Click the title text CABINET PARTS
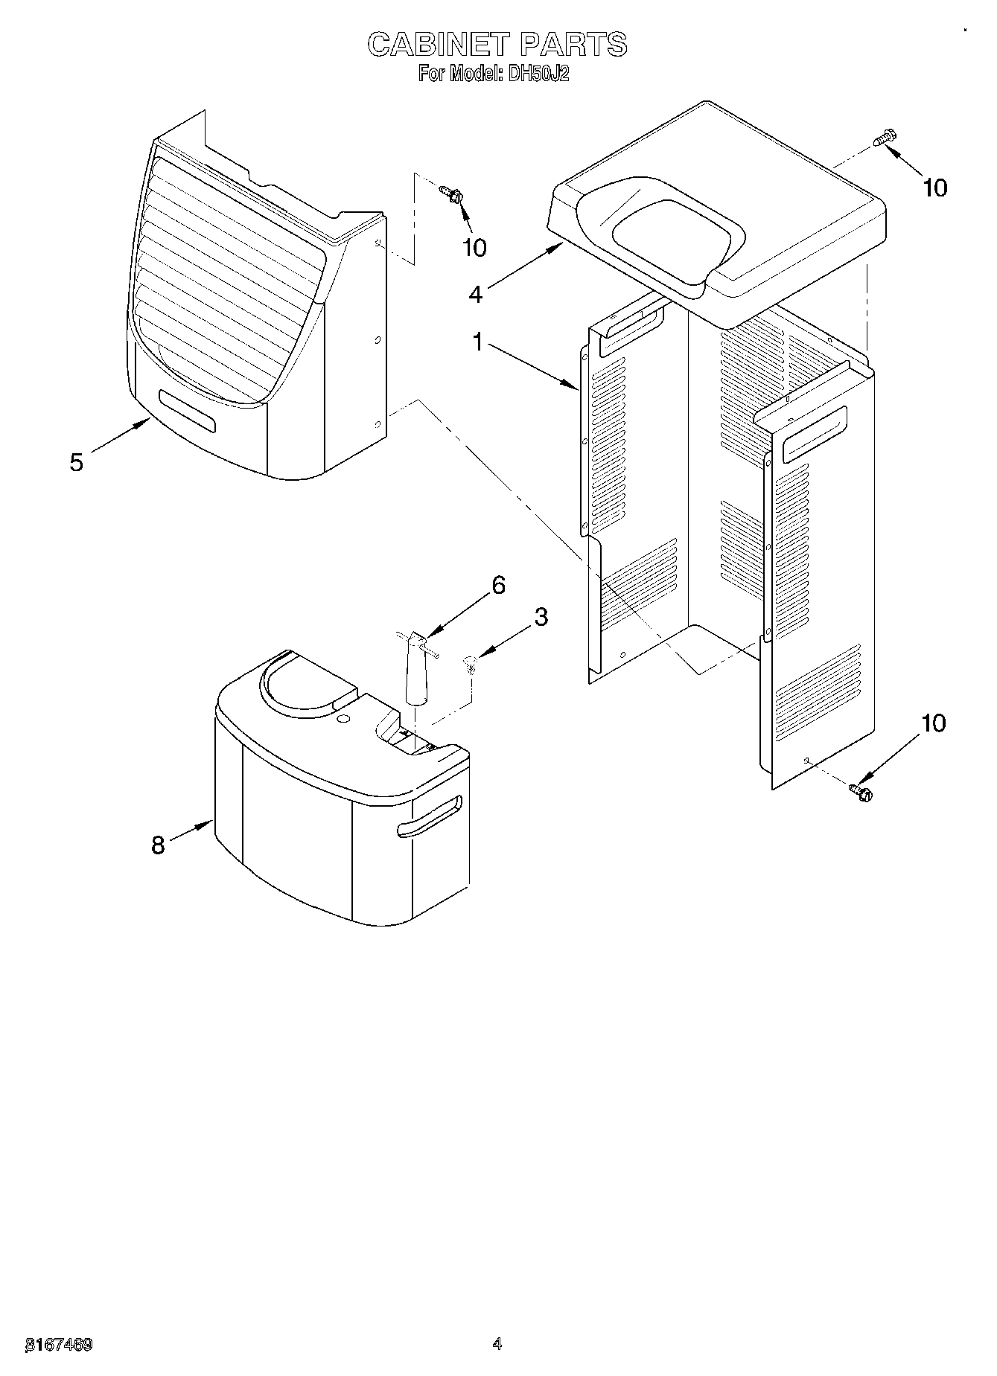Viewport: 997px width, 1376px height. click(497, 45)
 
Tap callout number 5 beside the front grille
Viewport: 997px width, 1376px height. click(76, 462)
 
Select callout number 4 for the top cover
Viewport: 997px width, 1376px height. click(476, 294)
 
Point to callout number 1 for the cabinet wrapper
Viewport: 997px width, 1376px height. click(479, 343)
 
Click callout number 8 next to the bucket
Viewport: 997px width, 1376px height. click(158, 845)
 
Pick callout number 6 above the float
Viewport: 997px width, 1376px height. click(498, 585)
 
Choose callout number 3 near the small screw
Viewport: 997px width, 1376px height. click(541, 616)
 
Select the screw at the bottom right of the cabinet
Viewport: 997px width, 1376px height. click(861, 792)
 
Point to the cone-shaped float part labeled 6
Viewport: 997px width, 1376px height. click(415, 670)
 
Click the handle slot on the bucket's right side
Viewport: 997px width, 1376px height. click(430, 816)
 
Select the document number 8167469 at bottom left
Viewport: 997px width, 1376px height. click(59, 1345)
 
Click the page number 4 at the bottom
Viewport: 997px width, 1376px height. click(497, 1344)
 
